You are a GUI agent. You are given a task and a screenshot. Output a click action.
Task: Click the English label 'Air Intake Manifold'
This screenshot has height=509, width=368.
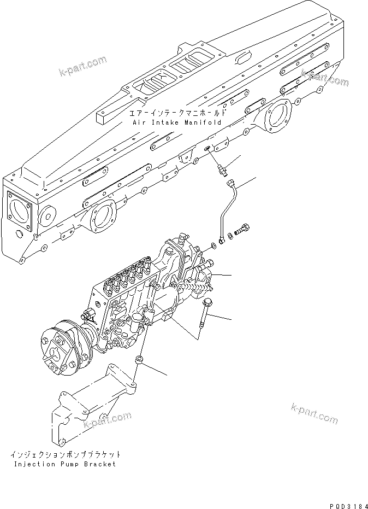point(177,123)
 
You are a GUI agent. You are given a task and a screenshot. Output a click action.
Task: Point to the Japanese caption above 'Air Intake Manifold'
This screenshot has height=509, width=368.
point(177,113)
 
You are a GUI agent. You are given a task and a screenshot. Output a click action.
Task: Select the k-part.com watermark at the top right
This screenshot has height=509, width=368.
point(324,77)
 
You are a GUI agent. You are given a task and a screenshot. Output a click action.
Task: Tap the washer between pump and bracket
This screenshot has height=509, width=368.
point(139,360)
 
